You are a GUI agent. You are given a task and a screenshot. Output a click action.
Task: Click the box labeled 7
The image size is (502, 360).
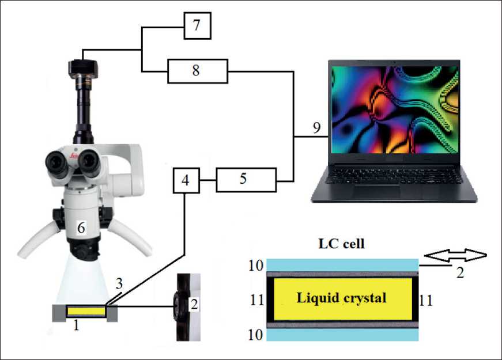coord(197,26)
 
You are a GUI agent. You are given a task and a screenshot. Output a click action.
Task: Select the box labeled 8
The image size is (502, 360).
coord(197,71)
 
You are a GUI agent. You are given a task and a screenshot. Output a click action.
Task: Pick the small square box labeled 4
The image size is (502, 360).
coord(184,180)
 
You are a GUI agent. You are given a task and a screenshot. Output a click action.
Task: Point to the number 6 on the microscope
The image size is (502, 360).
coord(81,228)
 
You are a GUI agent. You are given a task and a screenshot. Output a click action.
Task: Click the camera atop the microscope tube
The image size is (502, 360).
coord(82,69)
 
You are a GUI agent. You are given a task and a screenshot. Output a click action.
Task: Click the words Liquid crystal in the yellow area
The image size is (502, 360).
coord(341,298)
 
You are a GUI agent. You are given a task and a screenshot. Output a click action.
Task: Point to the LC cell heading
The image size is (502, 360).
coord(342,244)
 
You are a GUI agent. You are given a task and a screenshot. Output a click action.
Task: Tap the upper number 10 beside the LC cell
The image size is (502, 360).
coord(256,266)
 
